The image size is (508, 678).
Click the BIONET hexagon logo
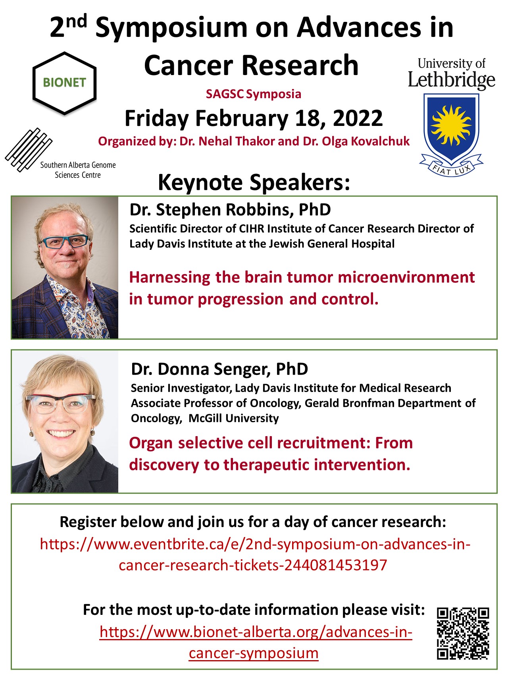point(64,83)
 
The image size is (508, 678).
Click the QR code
point(463,634)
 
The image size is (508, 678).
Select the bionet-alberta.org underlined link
point(256,642)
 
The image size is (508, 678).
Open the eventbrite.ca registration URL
point(255,554)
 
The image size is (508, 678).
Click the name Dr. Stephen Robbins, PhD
point(230,210)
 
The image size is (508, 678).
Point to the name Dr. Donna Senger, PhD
point(219,369)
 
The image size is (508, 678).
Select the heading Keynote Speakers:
point(254,183)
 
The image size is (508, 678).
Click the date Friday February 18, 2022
point(254,118)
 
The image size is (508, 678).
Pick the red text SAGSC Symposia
point(254,94)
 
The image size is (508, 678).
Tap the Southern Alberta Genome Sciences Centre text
point(78,170)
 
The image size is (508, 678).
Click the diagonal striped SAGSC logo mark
point(29,150)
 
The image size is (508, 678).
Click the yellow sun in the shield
point(452,124)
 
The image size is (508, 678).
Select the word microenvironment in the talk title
point(406,277)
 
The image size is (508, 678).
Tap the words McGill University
point(233,418)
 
